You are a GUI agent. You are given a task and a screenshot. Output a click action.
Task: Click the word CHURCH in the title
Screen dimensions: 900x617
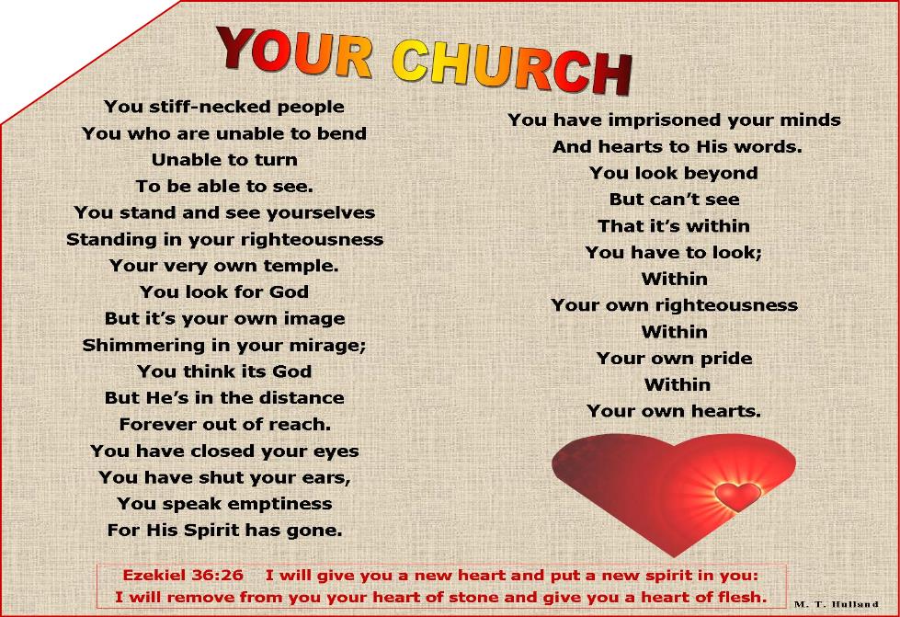tap(513, 67)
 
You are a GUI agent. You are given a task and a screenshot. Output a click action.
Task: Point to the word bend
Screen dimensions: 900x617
tap(342, 133)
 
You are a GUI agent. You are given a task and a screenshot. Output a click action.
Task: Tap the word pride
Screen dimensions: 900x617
tap(726, 358)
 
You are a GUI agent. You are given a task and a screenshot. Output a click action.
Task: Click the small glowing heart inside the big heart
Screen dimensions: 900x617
tap(738, 496)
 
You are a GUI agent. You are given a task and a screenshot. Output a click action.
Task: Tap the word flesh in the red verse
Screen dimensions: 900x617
tap(743, 597)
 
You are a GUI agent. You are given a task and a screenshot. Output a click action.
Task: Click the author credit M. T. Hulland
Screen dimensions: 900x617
tap(837, 604)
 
